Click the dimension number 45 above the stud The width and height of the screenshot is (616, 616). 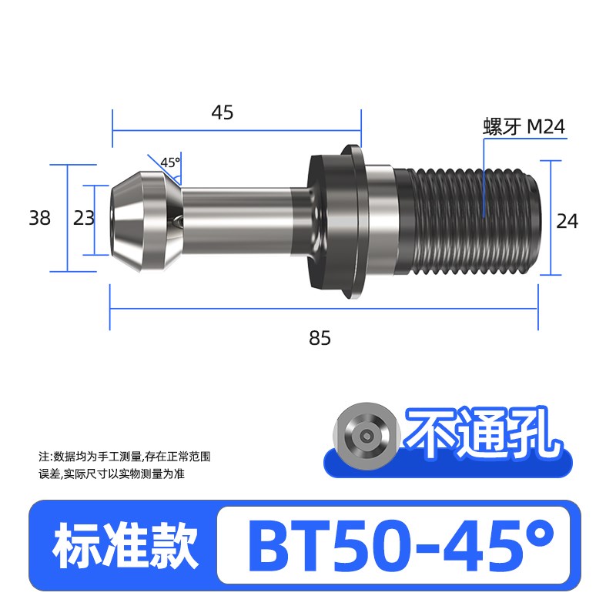[222, 113]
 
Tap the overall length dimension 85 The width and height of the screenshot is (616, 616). [320, 337]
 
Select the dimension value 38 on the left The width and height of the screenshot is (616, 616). [39, 219]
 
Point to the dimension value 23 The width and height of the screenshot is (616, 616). [84, 219]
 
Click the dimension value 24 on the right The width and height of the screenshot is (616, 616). [567, 222]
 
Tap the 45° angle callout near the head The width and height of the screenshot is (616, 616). [169, 162]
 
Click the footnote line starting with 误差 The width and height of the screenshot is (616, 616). [112, 474]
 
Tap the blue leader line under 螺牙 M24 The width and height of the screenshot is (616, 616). [484, 177]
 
